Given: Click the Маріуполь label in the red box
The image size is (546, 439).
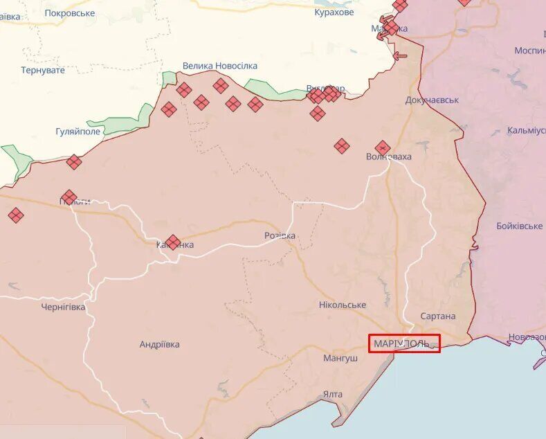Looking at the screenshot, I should [x=404, y=343].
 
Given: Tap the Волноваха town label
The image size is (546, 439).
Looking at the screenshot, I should [x=389, y=156].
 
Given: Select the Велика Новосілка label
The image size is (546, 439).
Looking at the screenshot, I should [x=219, y=66].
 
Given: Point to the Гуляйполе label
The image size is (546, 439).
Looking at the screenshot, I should [x=78, y=131].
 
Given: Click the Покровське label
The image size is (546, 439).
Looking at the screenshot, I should [x=70, y=13].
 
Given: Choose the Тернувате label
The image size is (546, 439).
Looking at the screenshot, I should [x=43, y=70].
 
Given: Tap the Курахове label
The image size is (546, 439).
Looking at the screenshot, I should [x=334, y=12].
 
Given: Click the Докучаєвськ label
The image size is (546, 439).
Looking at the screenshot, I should [x=432, y=100].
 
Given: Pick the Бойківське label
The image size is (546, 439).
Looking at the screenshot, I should [x=520, y=226].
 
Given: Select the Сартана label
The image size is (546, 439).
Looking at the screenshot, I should [x=438, y=316].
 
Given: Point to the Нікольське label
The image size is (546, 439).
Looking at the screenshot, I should [x=343, y=305].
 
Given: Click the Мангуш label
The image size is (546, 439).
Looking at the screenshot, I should [x=340, y=358].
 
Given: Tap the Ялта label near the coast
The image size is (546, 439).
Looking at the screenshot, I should [x=332, y=394].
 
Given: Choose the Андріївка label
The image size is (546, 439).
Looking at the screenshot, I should [x=159, y=344].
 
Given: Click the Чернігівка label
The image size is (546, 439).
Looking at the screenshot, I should [x=63, y=307].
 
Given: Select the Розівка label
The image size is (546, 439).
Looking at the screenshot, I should [x=280, y=235].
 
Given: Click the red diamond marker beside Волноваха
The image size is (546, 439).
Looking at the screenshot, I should [x=383, y=147].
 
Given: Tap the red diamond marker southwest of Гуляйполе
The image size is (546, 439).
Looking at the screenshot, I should [x=74, y=162].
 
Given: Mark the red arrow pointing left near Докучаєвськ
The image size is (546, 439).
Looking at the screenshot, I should [x=399, y=57].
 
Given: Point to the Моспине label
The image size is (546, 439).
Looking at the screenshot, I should [x=529, y=51].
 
